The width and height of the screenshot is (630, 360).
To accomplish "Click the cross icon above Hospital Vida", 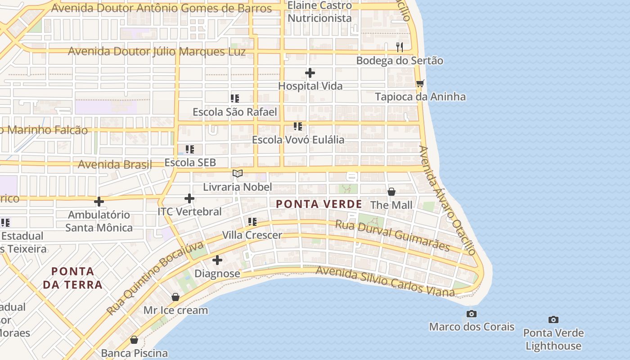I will (310, 73).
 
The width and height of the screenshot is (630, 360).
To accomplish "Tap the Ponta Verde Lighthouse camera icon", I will (553, 320).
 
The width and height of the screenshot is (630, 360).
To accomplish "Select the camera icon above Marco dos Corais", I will (471, 314).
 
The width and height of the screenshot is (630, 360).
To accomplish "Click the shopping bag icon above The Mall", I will (391, 192).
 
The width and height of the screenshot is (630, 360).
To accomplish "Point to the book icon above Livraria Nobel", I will (238, 173).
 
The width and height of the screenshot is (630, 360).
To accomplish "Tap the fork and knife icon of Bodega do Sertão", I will (399, 47).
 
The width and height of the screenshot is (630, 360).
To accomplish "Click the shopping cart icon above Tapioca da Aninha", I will (420, 83).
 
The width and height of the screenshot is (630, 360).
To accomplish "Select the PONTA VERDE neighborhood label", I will (319, 204).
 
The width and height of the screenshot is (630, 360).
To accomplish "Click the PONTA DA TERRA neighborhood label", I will (72, 278).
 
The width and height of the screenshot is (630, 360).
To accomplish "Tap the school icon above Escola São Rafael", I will (234, 98).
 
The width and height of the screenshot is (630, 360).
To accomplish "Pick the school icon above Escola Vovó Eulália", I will (297, 126).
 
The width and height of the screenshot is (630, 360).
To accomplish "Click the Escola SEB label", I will (190, 162).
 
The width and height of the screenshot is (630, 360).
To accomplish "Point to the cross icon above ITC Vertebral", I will (189, 198).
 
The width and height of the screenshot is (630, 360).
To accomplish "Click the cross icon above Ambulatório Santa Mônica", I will (99, 201).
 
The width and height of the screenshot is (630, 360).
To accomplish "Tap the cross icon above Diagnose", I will (217, 260).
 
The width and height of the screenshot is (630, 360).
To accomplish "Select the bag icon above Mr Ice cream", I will (175, 297).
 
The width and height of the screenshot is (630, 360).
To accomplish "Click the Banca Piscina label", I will (134, 353).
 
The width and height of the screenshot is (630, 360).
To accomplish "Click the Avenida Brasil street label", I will (115, 164).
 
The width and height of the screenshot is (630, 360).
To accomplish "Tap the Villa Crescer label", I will (252, 235).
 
